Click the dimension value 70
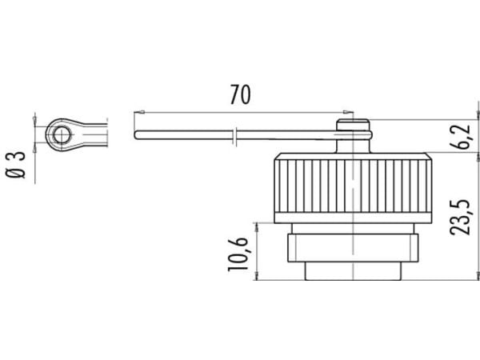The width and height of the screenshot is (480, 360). point(240,94)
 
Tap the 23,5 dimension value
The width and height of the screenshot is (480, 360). point(459,218)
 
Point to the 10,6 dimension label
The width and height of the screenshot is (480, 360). point(238,254)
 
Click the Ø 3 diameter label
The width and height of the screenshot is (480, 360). point(16,165)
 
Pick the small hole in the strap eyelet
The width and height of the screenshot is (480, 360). point(62,134)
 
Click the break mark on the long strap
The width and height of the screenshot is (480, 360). point(234,136)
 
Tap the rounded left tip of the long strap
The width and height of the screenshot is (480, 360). point(137,135)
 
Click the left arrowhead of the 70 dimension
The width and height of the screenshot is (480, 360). point(139,112)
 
